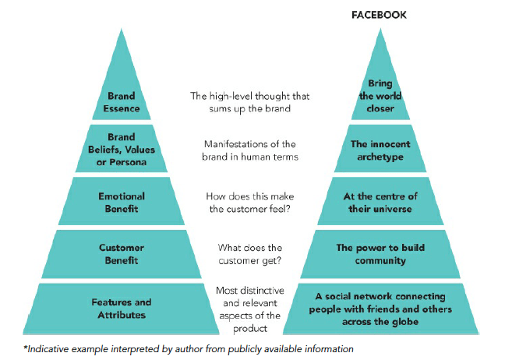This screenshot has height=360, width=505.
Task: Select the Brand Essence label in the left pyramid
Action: click(x=121, y=102)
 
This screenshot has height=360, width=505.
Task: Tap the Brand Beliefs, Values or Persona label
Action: click(x=121, y=149)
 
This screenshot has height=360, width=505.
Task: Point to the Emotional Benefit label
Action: click(x=121, y=202)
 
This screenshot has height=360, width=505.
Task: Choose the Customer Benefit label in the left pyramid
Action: click(x=121, y=254)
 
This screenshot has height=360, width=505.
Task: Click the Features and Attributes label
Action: click(x=121, y=308)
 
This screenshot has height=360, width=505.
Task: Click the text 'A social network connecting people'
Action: click(x=380, y=296)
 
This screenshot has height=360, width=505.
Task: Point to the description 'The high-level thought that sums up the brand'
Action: click(x=251, y=102)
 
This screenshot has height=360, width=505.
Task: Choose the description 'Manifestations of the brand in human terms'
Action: click(x=251, y=150)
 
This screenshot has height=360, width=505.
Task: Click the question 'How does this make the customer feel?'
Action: click(x=251, y=202)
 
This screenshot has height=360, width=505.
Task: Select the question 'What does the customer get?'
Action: click(x=251, y=254)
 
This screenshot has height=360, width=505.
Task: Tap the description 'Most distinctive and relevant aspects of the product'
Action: click(x=251, y=308)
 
